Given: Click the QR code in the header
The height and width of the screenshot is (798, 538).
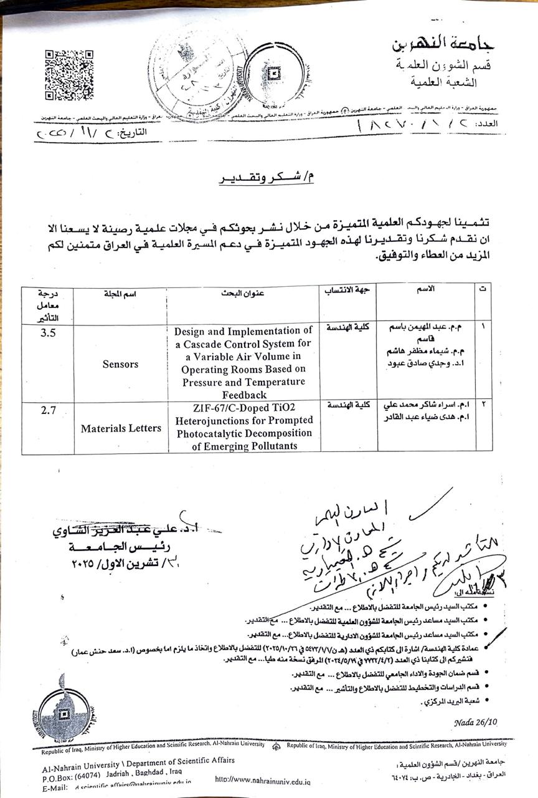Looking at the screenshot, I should tap(68, 75).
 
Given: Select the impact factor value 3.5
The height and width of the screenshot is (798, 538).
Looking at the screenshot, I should tap(48, 333).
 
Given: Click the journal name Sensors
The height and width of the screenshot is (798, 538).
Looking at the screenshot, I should tap(120, 364).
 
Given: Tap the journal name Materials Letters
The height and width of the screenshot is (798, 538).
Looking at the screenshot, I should tap(120, 428).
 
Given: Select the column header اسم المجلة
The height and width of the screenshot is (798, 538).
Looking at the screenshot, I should tap(120, 294).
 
